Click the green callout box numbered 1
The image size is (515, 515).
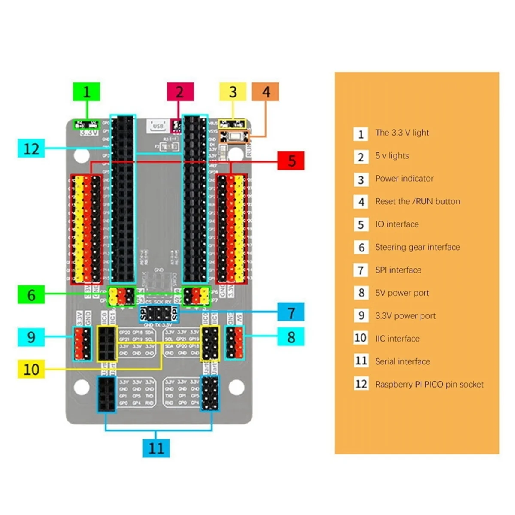(86, 92)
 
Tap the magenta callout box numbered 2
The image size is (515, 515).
(180, 92)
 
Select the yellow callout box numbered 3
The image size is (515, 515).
(233, 92)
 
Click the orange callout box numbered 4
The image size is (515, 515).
(266, 92)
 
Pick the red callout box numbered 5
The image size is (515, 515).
(291, 161)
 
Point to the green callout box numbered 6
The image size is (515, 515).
(31, 295)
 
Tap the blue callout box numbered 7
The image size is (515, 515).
(291, 312)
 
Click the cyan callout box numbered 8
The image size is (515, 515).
(291, 337)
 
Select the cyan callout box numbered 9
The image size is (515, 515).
(31, 337)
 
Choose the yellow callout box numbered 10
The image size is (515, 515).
(31, 369)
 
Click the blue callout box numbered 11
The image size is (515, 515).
(156, 448)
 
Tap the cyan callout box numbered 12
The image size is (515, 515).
(31, 149)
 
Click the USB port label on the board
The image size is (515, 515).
(158, 126)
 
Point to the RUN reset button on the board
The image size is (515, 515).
(235, 137)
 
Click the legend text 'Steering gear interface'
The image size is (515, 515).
(417, 247)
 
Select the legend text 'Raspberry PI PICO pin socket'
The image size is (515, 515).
(429, 385)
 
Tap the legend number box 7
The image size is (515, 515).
(361, 270)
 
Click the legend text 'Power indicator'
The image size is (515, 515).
(404, 179)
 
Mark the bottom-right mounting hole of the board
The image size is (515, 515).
(236, 388)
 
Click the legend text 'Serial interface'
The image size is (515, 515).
(403, 361)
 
